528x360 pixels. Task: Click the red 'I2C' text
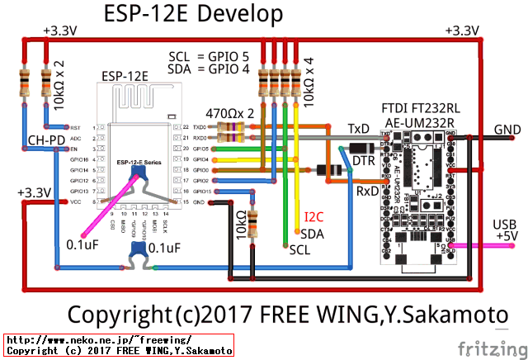(314, 218)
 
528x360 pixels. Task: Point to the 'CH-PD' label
(46, 140)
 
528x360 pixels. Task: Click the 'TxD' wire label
(358, 129)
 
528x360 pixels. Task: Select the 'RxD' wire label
(368, 191)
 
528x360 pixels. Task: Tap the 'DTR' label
(364, 159)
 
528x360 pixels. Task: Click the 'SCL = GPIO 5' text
(209, 56)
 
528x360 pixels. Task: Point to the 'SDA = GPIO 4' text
(209, 69)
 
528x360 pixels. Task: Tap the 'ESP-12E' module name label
(125, 76)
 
